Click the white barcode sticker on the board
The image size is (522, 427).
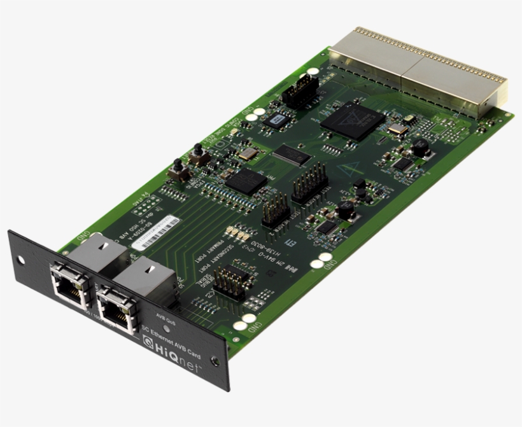tap(158, 232)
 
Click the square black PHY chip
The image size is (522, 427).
tap(246, 181)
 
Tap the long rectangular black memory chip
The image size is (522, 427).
tap(292, 155)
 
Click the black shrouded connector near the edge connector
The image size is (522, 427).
tap(297, 94)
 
